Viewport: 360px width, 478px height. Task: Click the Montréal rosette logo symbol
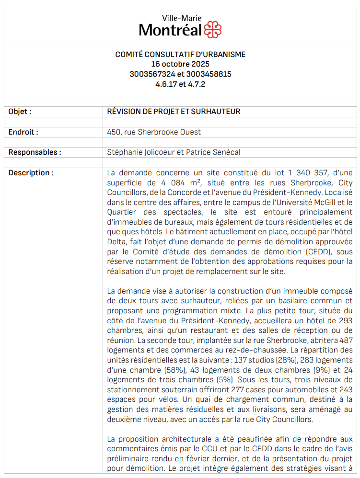[213, 30]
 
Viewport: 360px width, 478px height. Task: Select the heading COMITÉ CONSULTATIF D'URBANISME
[180, 55]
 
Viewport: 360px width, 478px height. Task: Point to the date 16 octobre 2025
[180, 64]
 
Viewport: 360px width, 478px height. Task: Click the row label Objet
[20, 112]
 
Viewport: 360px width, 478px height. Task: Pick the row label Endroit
[23, 132]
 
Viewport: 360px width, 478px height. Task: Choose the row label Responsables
[35, 152]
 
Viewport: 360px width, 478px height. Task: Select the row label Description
[31, 173]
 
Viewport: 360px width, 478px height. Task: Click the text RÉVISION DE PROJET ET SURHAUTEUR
[174, 112]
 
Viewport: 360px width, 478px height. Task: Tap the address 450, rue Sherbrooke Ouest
[154, 132]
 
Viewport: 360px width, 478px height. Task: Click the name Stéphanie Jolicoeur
[140, 152]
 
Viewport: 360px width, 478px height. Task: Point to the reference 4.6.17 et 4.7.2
[180, 84]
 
